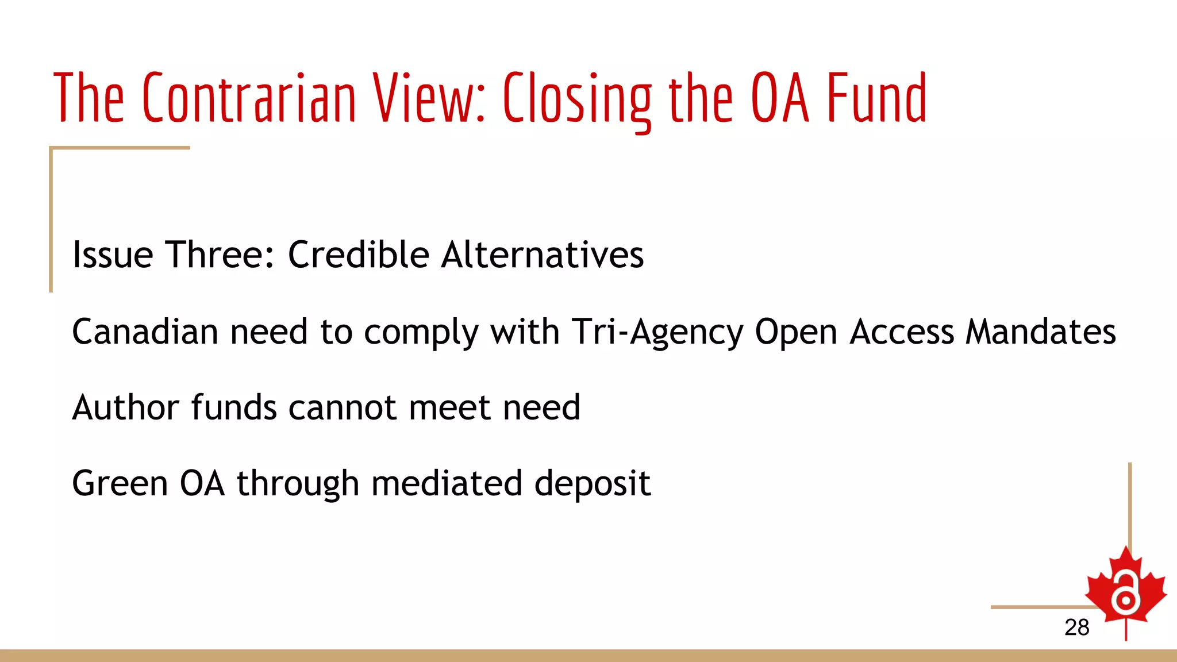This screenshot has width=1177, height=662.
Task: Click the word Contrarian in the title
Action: pos(249,98)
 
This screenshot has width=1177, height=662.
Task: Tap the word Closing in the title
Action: pos(577,99)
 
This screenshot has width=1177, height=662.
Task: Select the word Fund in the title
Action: pos(877,98)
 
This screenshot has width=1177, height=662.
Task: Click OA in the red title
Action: pos(780,98)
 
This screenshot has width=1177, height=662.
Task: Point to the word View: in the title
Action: pos(429,98)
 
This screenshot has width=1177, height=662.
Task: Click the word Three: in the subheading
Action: pos(220,255)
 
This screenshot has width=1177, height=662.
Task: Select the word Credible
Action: pos(358,255)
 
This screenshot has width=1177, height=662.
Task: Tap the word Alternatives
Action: pos(543,255)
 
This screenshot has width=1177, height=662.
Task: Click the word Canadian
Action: pos(145,332)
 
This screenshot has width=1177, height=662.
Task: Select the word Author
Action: pos(126,407)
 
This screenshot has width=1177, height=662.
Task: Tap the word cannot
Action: pos(343,407)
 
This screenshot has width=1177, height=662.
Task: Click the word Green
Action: pos(120,483)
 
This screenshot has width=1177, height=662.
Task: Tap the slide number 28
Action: pos(1076,627)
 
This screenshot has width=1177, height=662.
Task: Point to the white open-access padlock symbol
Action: pos(1125,594)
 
